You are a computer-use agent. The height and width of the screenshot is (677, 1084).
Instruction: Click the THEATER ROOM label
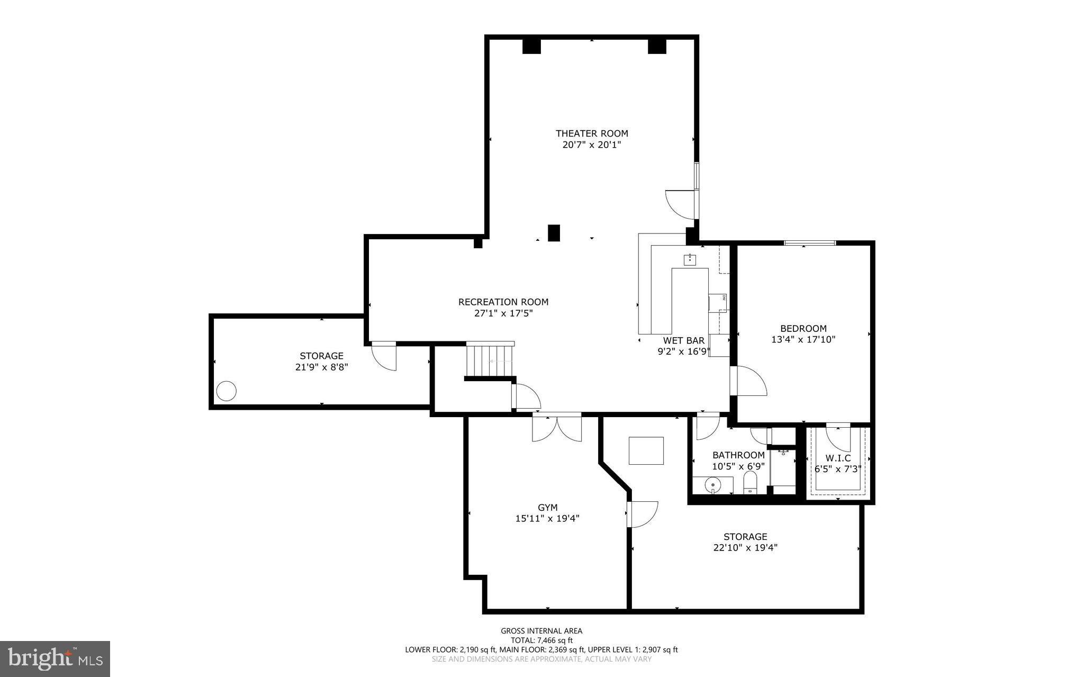(x=591, y=133)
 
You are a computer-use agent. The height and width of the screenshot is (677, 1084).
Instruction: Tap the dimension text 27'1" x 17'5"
(x=503, y=313)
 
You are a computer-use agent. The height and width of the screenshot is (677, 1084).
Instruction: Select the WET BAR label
(x=683, y=340)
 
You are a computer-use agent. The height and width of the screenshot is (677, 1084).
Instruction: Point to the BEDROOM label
(x=803, y=328)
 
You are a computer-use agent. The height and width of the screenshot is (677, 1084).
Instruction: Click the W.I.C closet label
(x=838, y=458)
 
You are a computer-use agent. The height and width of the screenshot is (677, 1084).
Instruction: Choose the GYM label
(x=547, y=508)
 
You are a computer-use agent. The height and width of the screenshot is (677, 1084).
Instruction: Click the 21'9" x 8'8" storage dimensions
(x=321, y=367)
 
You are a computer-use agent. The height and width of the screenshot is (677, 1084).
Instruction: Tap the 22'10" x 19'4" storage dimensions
(x=745, y=548)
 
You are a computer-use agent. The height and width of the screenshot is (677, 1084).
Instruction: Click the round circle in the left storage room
(x=227, y=391)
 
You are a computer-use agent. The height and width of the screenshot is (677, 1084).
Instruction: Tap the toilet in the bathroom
(x=750, y=482)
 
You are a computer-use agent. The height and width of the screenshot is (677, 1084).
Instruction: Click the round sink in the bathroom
(x=713, y=484)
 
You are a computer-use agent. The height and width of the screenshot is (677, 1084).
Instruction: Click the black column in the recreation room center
(x=554, y=233)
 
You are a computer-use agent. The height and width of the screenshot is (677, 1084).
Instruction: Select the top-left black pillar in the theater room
(x=531, y=46)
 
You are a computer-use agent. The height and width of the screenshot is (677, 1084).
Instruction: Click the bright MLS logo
(x=55, y=658)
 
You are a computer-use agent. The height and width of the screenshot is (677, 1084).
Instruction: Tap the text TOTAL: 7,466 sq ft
(x=541, y=640)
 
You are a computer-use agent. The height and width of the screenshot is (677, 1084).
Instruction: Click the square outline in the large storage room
(x=646, y=450)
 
